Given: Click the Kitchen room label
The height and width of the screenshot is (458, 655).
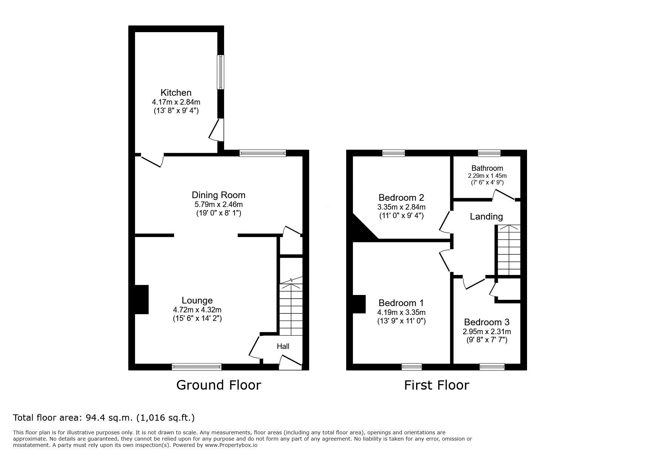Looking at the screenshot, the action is point(176,92).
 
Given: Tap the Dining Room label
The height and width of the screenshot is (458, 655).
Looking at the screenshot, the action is point(219,195).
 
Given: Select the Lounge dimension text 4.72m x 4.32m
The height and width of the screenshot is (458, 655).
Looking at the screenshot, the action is point(197,310).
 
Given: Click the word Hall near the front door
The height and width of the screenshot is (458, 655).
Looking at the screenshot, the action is point(283,346).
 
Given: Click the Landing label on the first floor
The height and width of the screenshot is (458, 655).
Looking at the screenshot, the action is point(486,217).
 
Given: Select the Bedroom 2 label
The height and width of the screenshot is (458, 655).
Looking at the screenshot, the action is point(401,197).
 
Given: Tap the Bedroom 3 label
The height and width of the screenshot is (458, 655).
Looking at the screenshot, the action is point(487,322).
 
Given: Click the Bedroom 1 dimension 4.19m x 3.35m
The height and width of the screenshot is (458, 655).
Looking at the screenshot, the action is point(401,312).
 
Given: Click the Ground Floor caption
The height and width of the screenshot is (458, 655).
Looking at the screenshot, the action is point(219,385).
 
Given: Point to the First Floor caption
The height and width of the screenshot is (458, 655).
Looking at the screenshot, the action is point(436,385).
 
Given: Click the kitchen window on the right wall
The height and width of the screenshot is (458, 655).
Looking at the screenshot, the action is point(220,72).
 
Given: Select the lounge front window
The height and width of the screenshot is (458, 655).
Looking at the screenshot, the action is point(197,367).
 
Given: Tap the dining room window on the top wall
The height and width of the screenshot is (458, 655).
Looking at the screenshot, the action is point(263,153).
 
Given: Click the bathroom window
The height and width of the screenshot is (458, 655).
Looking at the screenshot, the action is point(489,153).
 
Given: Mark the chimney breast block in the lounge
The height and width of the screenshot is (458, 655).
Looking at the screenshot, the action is point(142,299).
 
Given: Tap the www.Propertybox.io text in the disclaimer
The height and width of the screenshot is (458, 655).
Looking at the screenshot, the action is point(231,445).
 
